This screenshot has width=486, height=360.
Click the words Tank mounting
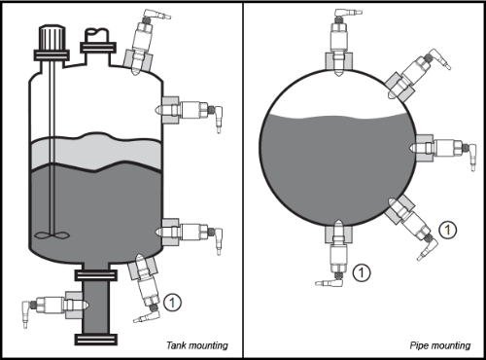[197, 345]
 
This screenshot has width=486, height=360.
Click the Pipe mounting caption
[440, 345]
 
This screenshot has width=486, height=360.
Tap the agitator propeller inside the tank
[52, 235]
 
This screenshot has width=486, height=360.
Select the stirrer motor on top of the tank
[52, 43]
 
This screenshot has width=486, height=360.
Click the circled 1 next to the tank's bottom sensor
[172, 303]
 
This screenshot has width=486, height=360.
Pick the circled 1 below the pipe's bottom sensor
[362, 272]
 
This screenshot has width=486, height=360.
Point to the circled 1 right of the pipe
[448, 230]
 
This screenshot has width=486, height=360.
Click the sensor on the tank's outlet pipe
[54, 306]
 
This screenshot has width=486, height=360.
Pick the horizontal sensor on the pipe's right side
[442, 149]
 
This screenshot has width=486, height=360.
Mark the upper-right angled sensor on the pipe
[418, 75]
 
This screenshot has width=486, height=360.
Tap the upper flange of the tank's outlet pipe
[96, 275]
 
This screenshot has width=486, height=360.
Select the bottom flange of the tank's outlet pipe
[96, 340]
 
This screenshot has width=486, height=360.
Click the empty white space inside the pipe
[337, 94]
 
